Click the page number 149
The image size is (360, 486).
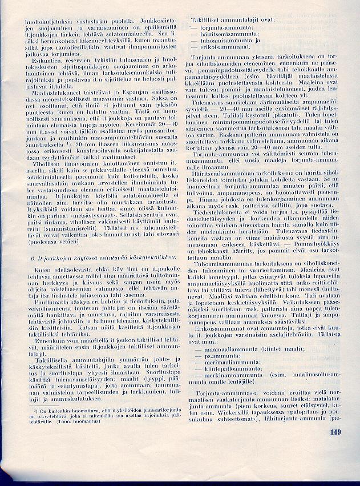point(335,432)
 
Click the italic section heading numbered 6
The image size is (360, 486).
point(94,258)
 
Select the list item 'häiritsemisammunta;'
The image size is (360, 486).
point(224,34)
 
